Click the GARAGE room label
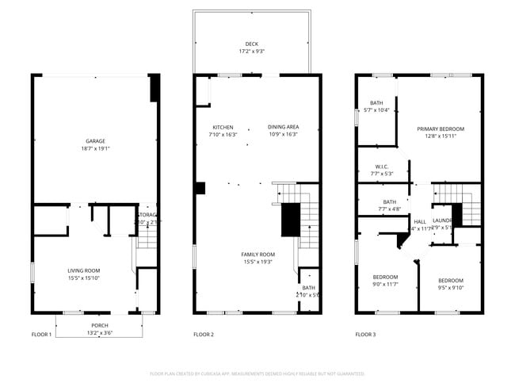pyautogui.click(x=95, y=141)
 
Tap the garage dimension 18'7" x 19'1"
pyautogui.click(x=95, y=148)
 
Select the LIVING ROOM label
pyautogui.click(x=83, y=270)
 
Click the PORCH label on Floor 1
pyautogui.click(x=100, y=325)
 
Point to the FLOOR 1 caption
pyautogui.click(x=41, y=335)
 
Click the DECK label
pyautogui.click(x=251, y=44)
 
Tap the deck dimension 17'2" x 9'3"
pyautogui.click(x=251, y=51)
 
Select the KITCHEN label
pyautogui.click(x=223, y=127)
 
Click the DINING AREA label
pyautogui.click(x=283, y=127)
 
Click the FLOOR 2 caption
pyautogui.click(x=204, y=335)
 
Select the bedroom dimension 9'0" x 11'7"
pyautogui.click(x=385, y=285)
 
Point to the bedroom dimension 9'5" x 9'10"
pyautogui.click(x=450, y=288)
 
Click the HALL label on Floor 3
pyautogui.click(x=420, y=221)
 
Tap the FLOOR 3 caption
pyautogui.click(x=365, y=335)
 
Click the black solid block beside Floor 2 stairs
pyautogui.click(x=292, y=220)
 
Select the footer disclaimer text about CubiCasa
pyautogui.click(x=257, y=373)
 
